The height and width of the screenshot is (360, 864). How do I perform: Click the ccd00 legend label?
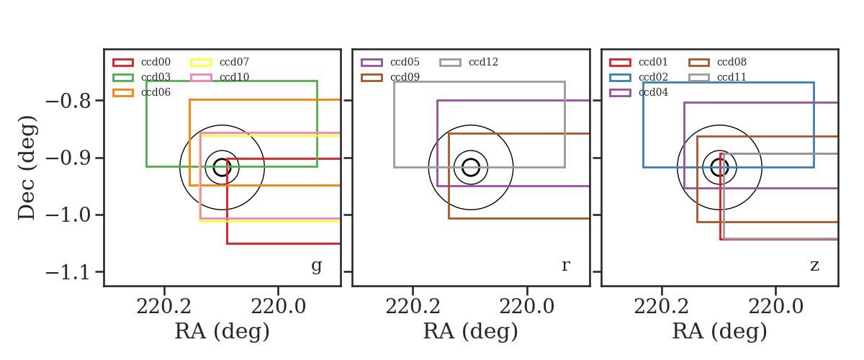pyautogui.click(x=156, y=62)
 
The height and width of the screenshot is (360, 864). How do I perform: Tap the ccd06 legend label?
pyautogui.click(x=156, y=92)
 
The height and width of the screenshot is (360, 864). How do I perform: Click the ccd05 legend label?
pyautogui.click(x=405, y=62)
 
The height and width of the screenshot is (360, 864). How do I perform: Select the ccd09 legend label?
pyautogui.click(x=405, y=77)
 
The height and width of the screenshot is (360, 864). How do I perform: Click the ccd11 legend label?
pyautogui.click(x=732, y=77)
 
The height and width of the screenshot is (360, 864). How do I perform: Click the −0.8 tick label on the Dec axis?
pyautogui.click(x=68, y=101)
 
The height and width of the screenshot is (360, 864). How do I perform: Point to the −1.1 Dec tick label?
pyautogui.click(x=68, y=273)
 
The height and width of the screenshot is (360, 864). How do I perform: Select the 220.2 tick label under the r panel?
pyautogui.click(x=413, y=307)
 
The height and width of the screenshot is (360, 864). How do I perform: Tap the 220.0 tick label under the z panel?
pyautogui.click(x=776, y=307)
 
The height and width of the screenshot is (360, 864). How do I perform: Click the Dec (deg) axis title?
pyautogui.click(x=27, y=168)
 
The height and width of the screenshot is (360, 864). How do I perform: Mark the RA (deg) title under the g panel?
pyautogui.click(x=222, y=332)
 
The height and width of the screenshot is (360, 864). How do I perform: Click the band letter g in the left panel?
pyautogui.click(x=317, y=266)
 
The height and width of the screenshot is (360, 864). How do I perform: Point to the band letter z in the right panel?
pyautogui.click(x=814, y=266)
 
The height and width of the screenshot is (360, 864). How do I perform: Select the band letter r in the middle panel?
pyautogui.click(x=566, y=266)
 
